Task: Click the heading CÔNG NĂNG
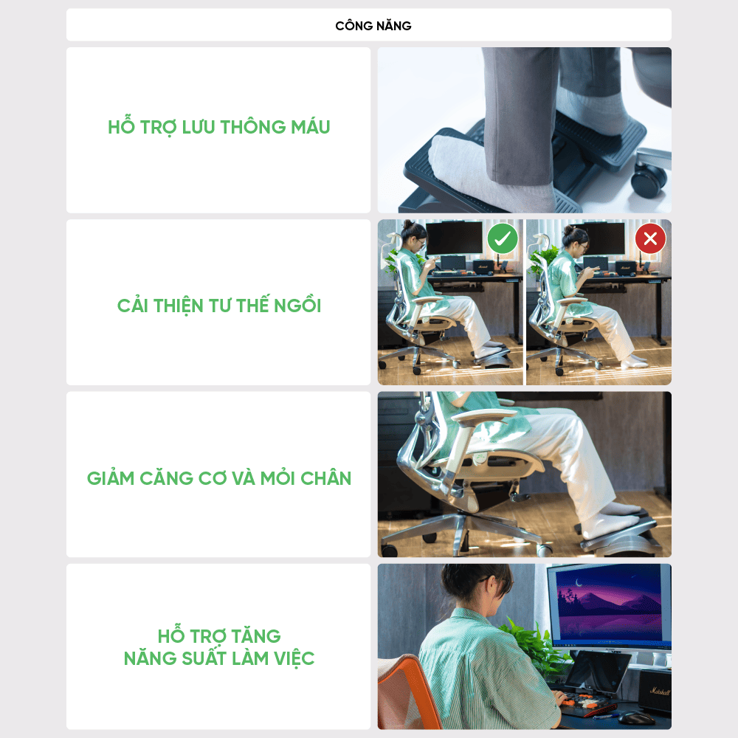click(373, 25)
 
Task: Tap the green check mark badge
click(502, 238)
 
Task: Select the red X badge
click(650, 238)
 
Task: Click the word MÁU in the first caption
click(310, 127)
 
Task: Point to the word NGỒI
click(297, 305)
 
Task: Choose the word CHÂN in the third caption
click(325, 477)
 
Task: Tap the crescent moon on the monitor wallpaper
click(579, 584)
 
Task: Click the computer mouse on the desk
click(635, 718)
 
